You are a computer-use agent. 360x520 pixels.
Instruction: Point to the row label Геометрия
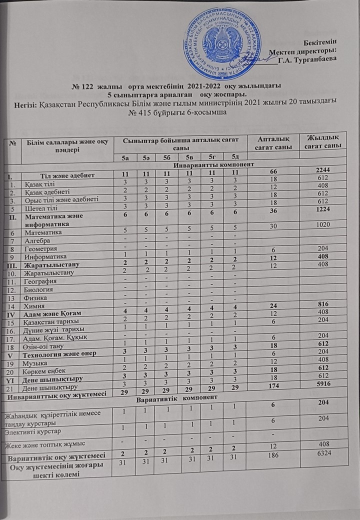click(41, 248)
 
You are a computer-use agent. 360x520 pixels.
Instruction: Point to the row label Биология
click(39, 289)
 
